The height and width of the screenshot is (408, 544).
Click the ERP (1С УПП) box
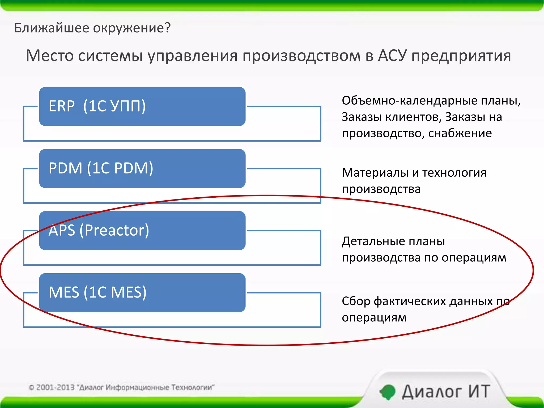[x=142, y=106]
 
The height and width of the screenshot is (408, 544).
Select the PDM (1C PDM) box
[x=142, y=168]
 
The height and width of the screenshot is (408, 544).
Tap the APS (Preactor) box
[x=142, y=231]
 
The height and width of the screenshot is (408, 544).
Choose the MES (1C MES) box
[x=142, y=292]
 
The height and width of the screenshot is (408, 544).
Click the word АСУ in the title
[x=392, y=56]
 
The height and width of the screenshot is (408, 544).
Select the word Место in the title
[x=50, y=56]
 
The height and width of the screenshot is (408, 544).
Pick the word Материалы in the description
[x=375, y=173]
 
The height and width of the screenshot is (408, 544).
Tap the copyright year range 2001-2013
[x=55, y=388]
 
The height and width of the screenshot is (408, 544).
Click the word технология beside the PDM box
[x=454, y=173]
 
